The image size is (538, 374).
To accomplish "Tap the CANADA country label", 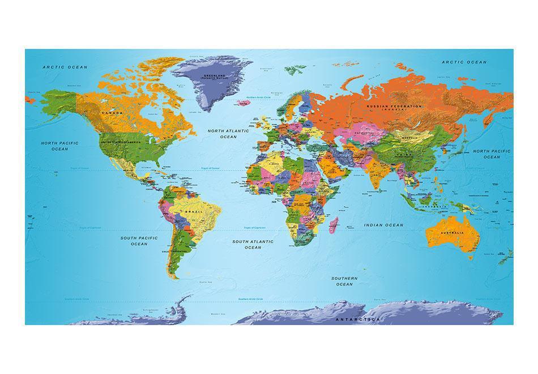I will click(111, 113).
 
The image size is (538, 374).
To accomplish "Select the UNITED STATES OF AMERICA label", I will click(120, 142).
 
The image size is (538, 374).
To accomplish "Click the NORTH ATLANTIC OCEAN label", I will click(229, 134).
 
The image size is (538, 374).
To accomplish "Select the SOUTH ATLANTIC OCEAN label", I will click(253, 244).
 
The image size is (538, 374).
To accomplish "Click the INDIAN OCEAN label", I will click(383, 225).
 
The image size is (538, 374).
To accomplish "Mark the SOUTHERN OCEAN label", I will click(344, 281).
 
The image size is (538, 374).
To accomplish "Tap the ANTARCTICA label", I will click(357, 320).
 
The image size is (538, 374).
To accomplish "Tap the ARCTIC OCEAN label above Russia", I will click(464, 62).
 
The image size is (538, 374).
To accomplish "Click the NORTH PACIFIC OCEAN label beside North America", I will click(59, 146).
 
